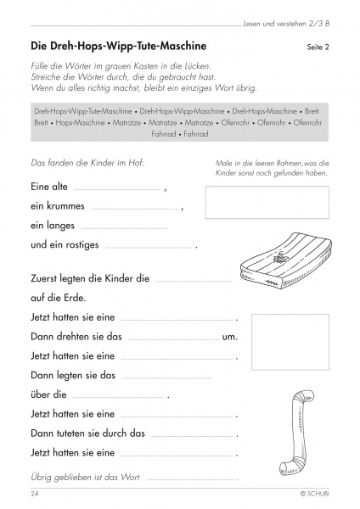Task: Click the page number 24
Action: [x=35, y=495]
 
